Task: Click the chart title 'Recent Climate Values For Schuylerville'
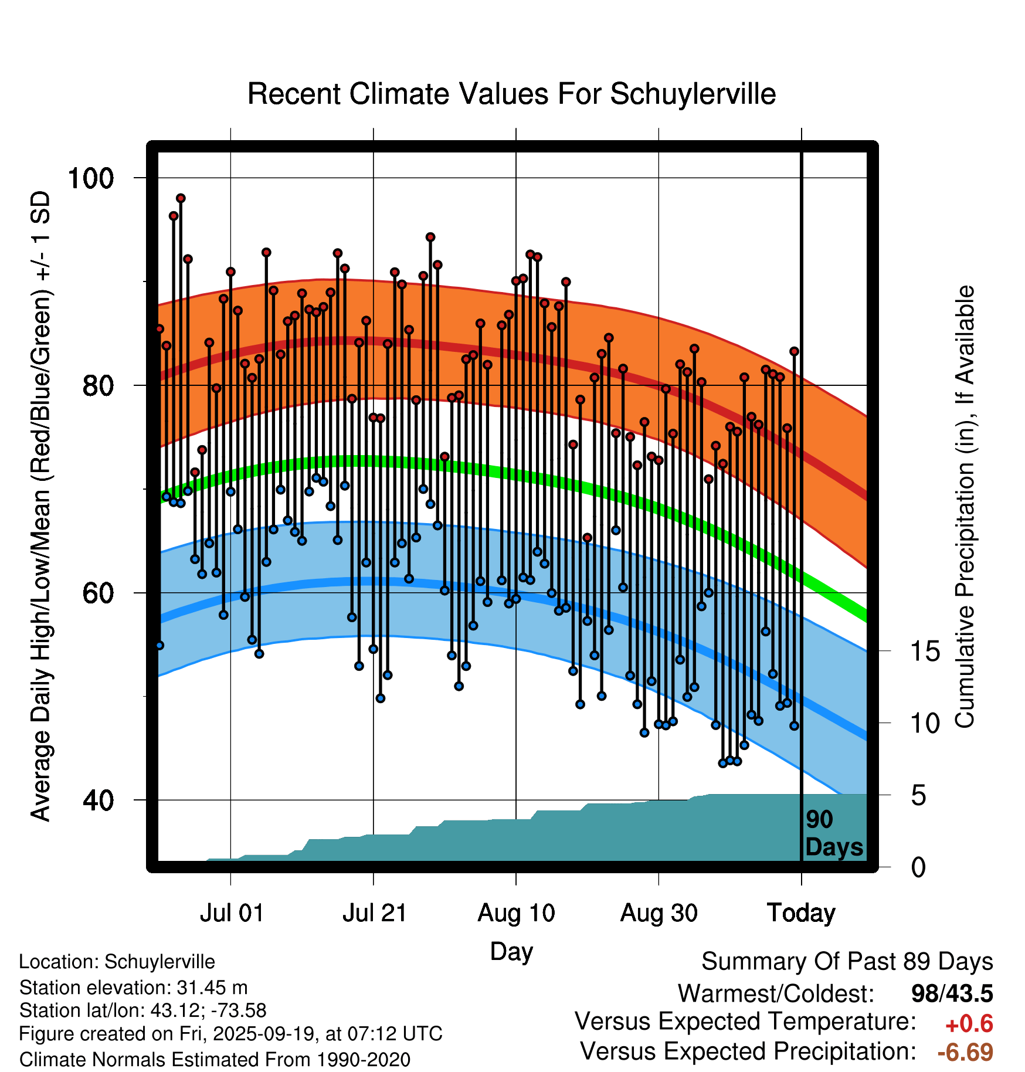pyautogui.click(x=511, y=94)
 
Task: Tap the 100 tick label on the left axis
pyautogui.click(x=90, y=178)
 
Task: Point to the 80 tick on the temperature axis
pyautogui.click(x=97, y=386)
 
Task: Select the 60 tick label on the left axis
pyautogui.click(x=97, y=593)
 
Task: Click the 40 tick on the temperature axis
pyautogui.click(x=97, y=800)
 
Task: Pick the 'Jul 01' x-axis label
pyautogui.click(x=232, y=913)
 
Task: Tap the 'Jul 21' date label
pyautogui.click(x=374, y=913)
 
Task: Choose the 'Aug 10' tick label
pyautogui.click(x=516, y=913)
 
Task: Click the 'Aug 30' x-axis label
pyautogui.click(x=659, y=913)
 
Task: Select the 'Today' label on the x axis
pyautogui.click(x=801, y=913)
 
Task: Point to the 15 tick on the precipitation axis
pyautogui.click(x=925, y=651)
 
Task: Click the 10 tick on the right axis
pyautogui.click(x=925, y=723)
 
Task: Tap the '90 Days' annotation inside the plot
pyautogui.click(x=833, y=833)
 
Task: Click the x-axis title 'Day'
pyautogui.click(x=511, y=951)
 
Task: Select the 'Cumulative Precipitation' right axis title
pyautogui.click(x=965, y=507)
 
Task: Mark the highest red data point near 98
pyautogui.click(x=181, y=198)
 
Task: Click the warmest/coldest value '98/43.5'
pyautogui.click(x=952, y=993)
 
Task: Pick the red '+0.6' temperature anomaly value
pyautogui.click(x=969, y=1024)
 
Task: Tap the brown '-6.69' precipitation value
pyautogui.click(x=965, y=1052)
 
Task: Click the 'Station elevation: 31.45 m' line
pyautogui.click(x=133, y=988)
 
